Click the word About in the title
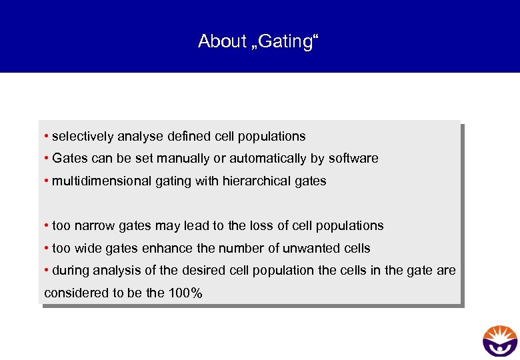point(222,41)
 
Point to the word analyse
point(140,137)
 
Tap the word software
point(353,159)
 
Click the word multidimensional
point(97,181)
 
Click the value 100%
point(187,293)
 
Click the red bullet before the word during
point(46,270)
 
